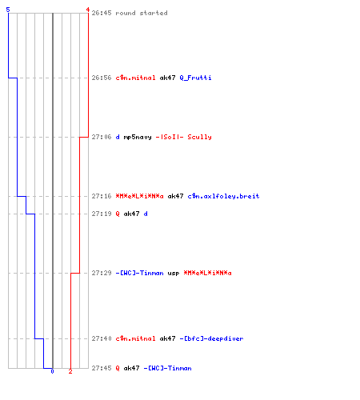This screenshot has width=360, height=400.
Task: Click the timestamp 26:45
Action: (102, 13)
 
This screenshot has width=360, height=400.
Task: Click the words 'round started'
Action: (142, 13)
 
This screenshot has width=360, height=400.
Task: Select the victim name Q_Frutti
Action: (195, 78)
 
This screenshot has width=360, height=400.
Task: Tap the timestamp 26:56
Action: (102, 78)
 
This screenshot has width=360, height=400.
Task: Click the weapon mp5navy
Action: (138, 138)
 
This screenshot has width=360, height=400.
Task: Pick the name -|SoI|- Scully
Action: (183, 137)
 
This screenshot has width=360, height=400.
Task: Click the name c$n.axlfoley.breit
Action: (223, 196)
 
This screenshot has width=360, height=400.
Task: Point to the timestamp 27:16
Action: (102, 196)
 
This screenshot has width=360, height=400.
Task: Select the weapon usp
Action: (174, 274)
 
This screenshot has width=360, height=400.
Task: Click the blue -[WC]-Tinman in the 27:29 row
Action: (139, 273)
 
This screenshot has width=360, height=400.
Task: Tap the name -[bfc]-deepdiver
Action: (211, 338)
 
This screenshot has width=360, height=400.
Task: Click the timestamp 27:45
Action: (102, 368)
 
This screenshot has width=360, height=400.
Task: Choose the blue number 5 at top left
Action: (8, 10)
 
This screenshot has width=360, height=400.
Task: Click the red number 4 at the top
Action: (87, 10)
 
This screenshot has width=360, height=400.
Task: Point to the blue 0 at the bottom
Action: (52, 371)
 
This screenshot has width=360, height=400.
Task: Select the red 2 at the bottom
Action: (70, 371)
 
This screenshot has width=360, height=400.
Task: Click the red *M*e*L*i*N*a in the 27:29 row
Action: (207, 273)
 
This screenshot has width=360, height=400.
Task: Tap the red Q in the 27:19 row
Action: (118, 214)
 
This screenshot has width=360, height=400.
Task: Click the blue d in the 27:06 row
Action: (118, 137)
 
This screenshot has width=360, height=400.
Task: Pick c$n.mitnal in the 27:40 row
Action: (135, 338)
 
